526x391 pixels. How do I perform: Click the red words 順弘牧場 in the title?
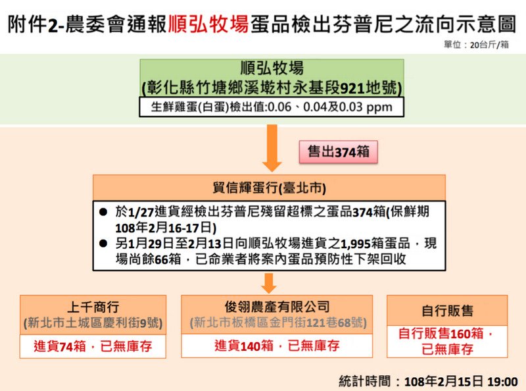(x=208, y=24)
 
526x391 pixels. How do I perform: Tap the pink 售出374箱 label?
(x=338, y=152)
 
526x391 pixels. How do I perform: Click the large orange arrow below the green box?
(x=272, y=148)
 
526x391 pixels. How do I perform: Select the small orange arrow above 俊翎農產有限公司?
(x=269, y=283)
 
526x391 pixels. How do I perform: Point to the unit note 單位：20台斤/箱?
(x=476, y=45)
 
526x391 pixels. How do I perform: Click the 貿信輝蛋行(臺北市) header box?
(x=269, y=188)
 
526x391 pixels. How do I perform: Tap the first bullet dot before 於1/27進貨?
(x=103, y=212)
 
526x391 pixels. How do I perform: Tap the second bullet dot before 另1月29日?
(x=103, y=244)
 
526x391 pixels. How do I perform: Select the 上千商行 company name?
(x=93, y=307)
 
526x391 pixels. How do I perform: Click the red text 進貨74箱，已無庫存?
(x=93, y=346)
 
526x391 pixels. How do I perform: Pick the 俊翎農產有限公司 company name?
(x=277, y=307)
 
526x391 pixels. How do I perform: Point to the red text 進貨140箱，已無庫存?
(x=277, y=346)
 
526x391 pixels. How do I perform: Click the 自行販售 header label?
(x=447, y=311)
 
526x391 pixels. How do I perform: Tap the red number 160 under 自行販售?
(x=461, y=334)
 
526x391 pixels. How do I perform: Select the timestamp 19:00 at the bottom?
(x=502, y=382)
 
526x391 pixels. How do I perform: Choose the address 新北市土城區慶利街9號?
(x=93, y=323)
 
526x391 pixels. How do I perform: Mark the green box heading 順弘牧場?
(x=272, y=68)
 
